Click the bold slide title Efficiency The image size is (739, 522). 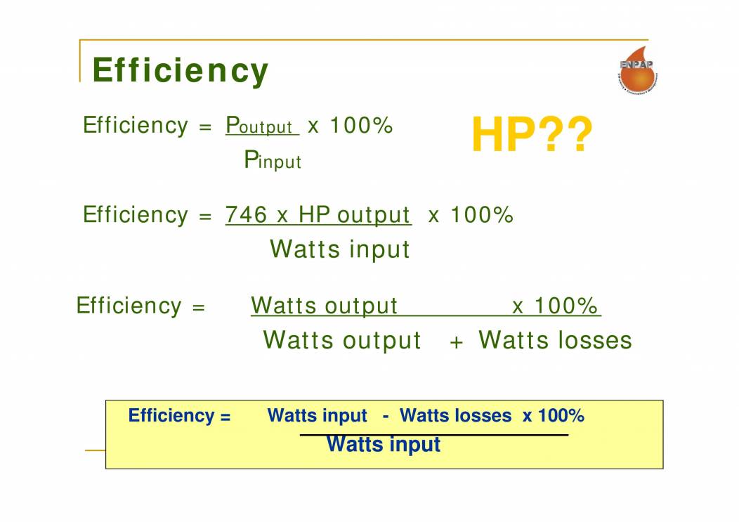coord(180,71)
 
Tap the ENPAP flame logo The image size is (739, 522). coord(636,70)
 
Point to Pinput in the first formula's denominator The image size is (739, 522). coord(273,160)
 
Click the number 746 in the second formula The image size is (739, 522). coord(246,214)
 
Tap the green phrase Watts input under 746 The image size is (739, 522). coord(339,249)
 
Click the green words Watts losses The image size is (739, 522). coord(555,340)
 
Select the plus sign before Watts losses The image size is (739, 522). coord(457,342)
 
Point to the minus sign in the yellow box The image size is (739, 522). coord(386,416)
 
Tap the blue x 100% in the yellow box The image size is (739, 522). coord(553,416)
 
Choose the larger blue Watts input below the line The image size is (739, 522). coord(384,445)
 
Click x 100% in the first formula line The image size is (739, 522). coord(350,126)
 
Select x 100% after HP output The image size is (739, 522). coord(471,214)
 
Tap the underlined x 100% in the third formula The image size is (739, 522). coord(555,306)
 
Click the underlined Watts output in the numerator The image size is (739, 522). coord(324,306)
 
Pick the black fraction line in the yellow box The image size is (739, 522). coord(433,435)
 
